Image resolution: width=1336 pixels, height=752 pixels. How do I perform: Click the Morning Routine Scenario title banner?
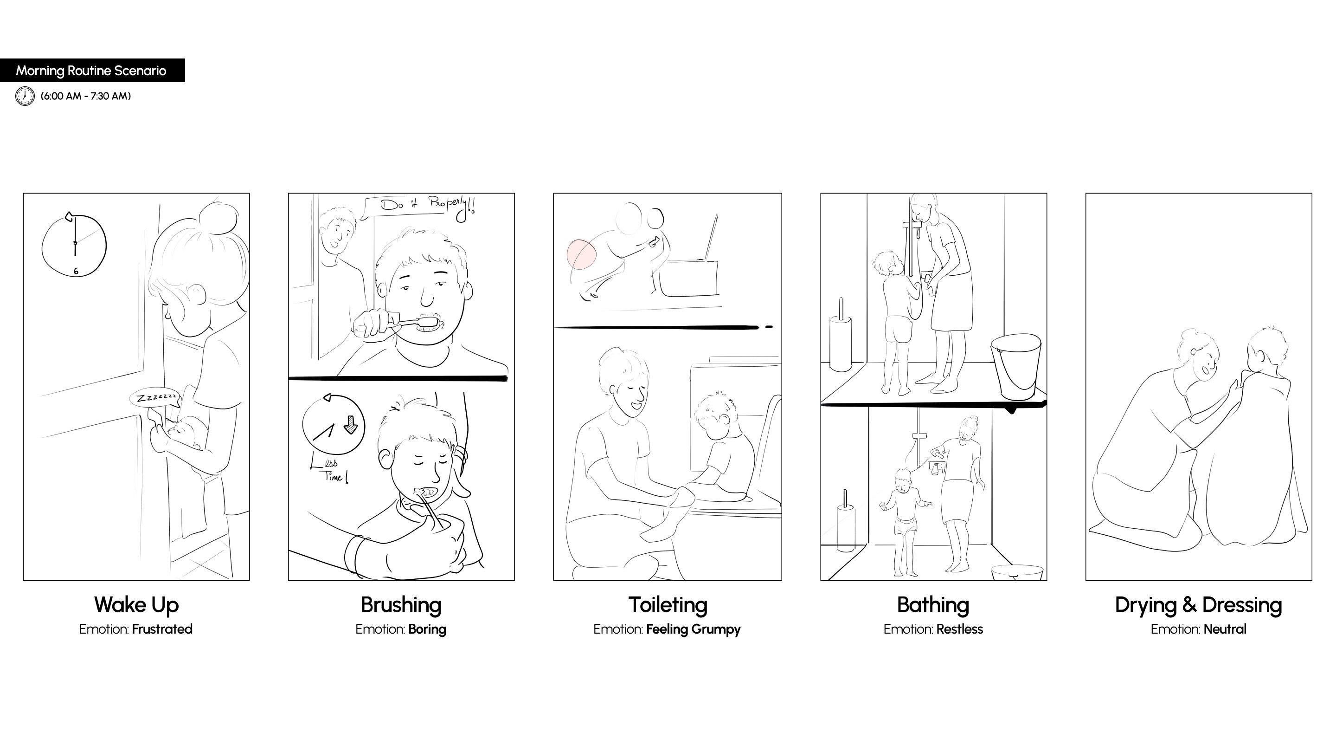click(92, 70)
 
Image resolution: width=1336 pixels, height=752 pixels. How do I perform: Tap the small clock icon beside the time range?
click(25, 97)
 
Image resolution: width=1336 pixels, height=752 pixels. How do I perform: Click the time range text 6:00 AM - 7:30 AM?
click(85, 96)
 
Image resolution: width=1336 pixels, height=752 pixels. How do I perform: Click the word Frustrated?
click(162, 629)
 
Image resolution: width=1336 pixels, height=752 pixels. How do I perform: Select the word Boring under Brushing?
click(427, 629)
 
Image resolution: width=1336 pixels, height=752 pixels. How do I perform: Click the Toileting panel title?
click(668, 605)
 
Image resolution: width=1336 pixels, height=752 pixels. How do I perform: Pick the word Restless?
click(960, 629)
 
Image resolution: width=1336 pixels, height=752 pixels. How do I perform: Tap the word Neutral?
click(1225, 629)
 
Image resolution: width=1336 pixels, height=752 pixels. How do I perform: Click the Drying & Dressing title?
click(1199, 605)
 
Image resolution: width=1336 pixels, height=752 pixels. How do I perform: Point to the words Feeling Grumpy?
click(694, 629)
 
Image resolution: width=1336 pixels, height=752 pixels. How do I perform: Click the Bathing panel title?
click(933, 605)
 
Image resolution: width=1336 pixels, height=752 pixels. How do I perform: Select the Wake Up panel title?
click(136, 605)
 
